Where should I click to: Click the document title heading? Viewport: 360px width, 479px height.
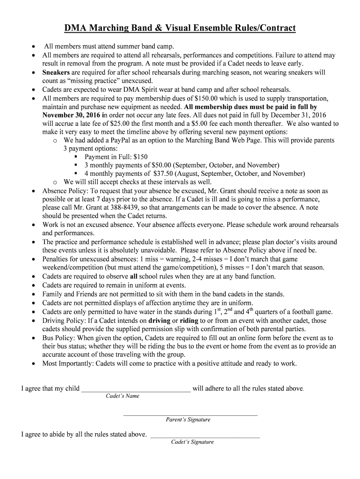coord(180,29)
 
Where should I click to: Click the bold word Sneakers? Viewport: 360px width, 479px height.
coord(56,73)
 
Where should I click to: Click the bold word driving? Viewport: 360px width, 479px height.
coord(159,321)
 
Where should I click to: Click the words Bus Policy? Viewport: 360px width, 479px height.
coord(58,338)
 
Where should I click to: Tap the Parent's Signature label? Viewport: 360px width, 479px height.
coord(188,420)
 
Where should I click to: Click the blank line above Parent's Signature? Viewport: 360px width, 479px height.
coord(190,414)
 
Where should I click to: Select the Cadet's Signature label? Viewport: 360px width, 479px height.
coord(192,442)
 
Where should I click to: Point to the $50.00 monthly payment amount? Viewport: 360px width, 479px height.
coord(162,166)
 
